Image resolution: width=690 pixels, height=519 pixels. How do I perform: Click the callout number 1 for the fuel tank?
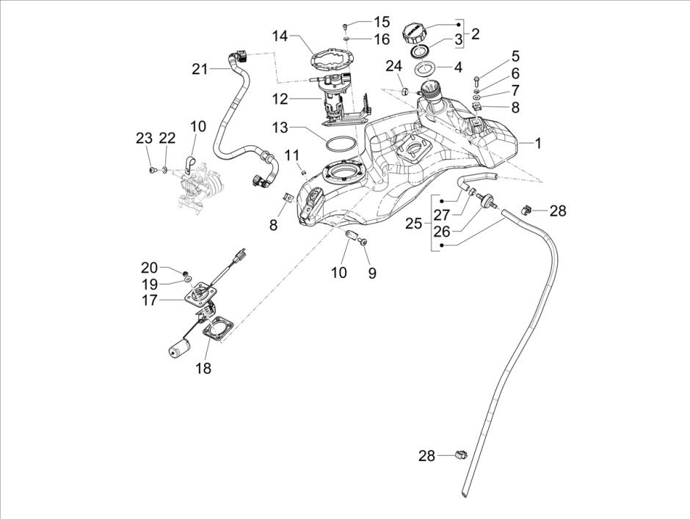538,144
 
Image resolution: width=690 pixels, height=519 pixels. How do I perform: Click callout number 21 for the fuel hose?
200,69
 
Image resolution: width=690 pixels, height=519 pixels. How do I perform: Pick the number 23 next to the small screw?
144,138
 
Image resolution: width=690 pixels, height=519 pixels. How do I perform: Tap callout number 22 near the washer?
167,138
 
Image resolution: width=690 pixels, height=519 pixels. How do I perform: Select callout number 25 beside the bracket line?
414,223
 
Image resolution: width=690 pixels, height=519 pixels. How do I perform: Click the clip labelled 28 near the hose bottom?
461,455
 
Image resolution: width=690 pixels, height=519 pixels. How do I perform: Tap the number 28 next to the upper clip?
558,211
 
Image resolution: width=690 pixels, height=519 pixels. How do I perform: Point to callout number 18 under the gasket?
203,369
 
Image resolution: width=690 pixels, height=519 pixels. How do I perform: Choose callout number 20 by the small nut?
149,267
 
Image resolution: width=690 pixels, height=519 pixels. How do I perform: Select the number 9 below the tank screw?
371,273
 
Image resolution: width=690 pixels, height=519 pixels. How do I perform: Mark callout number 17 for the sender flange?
150,300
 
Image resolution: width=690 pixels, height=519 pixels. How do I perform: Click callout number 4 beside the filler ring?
458,67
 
